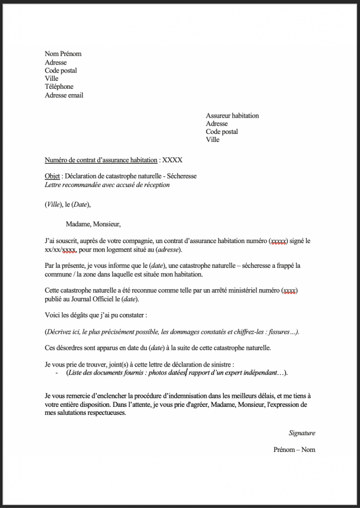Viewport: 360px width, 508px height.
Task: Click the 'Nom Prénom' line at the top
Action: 63,54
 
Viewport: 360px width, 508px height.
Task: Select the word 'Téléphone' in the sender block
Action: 59,87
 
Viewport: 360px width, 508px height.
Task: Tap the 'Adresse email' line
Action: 64,95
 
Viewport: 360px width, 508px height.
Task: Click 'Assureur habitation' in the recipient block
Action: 232,116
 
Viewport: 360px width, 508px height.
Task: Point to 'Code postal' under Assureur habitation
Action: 222,131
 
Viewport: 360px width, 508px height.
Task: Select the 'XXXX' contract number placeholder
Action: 172,160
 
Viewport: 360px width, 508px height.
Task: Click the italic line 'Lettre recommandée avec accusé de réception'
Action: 107,185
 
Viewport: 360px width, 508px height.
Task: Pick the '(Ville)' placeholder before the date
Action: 53,204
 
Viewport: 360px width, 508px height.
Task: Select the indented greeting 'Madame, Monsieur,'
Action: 93,224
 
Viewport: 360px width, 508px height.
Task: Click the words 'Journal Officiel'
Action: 91,300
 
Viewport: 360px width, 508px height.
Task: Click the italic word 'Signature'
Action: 302,433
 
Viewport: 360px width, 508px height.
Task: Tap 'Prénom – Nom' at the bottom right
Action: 294,450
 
